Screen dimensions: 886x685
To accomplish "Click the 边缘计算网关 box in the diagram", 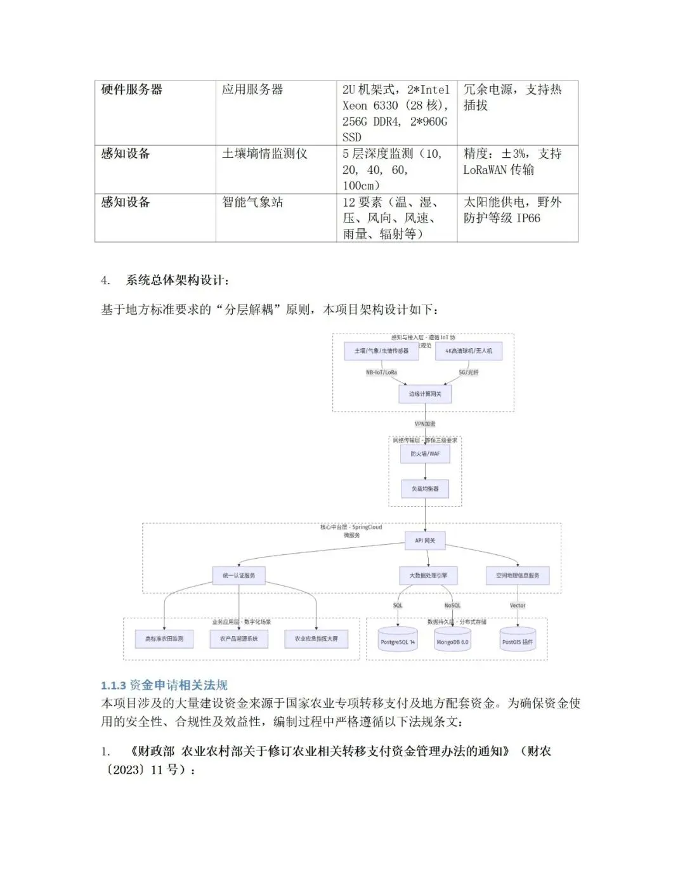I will pyautogui.click(x=425, y=394).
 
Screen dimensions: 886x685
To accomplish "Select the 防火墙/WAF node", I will pyautogui.click(x=425, y=453).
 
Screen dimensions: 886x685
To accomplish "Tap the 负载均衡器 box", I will pyautogui.click(x=425, y=488).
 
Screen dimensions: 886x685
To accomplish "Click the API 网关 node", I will pyautogui.click(x=425, y=540).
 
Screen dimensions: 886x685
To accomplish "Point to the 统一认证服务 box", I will pyautogui.click(x=238, y=575).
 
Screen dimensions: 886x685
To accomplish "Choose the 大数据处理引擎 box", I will pyautogui.click(x=428, y=575).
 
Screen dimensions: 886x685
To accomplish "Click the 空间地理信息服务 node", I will pyautogui.click(x=518, y=575).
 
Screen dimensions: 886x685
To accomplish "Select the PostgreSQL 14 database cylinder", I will pyautogui.click(x=398, y=641).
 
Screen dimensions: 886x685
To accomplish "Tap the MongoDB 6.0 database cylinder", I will pyautogui.click(x=452, y=641).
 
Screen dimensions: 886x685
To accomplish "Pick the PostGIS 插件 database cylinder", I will pyautogui.click(x=518, y=641).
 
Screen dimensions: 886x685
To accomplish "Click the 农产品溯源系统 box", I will pyautogui.click(x=238, y=639).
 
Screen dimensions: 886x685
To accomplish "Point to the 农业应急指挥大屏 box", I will pyautogui.click(x=316, y=639).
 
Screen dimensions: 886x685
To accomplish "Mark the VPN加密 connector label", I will pyautogui.click(x=425, y=424).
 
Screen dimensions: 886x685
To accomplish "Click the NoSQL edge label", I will pyautogui.click(x=452, y=606).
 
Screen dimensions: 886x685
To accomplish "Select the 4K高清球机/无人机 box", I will pyautogui.click(x=469, y=351).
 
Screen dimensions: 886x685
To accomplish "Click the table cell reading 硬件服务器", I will pyautogui.click(x=132, y=90).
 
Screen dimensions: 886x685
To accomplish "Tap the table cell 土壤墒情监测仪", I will pyautogui.click(x=264, y=154).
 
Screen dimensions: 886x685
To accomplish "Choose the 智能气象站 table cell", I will pyautogui.click(x=252, y=203).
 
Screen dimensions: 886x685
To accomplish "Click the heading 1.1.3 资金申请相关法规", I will pyautogui.click(x=164, y=685).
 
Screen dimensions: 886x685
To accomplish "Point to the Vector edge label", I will pyautogui.click(x=518, y=606).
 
